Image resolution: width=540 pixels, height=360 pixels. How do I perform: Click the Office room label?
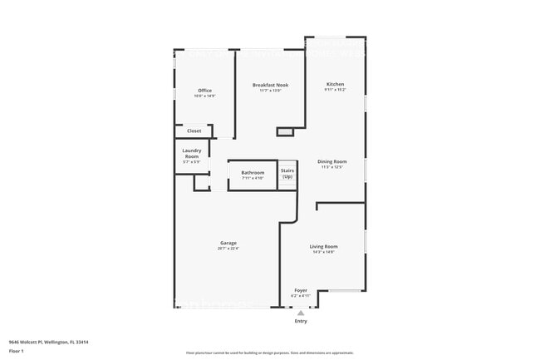(204, 91)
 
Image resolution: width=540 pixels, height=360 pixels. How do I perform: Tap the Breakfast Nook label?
(270, 85)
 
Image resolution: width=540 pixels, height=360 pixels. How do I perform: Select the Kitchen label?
(335, 84)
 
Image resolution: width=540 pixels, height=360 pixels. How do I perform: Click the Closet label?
(194, 131)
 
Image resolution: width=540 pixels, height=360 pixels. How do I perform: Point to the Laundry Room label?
(191, 153)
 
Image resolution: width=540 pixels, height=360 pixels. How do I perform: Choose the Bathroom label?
(253, 172)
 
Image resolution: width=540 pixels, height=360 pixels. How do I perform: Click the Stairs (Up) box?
(287, 174)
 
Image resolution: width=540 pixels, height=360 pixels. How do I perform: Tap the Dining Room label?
(331, 161)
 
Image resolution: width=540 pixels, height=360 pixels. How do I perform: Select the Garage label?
(228, 243)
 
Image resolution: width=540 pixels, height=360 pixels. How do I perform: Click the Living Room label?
(323, 247)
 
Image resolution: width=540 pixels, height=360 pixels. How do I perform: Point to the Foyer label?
(301, 290)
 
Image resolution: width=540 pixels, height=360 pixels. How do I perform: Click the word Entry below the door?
(301, 321)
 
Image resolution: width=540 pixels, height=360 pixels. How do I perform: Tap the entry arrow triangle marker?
(301, 313)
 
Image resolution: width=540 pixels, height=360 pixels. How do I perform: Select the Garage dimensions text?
(228, 249)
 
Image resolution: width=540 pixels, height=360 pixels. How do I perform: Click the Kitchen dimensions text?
(335, 90)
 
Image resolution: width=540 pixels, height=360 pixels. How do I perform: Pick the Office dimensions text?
(204, 96)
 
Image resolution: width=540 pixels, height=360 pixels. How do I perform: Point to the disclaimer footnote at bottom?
(270, 353)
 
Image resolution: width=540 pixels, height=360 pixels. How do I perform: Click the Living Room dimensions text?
(323, 253)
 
